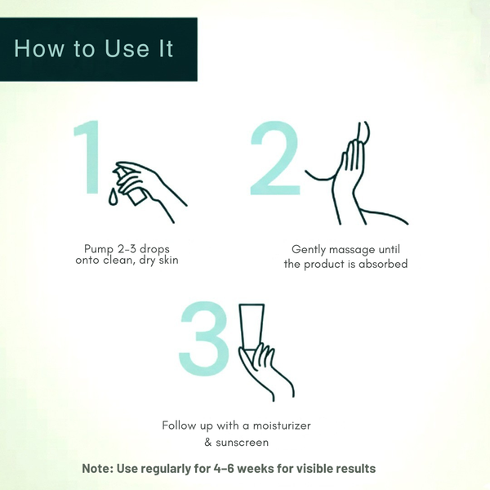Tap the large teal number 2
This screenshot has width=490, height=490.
(x=275, y=158)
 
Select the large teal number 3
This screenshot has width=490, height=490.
(x=204, y=338)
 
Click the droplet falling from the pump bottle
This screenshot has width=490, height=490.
(x=114, y=197)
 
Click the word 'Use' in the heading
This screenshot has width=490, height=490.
(x=127, y=48)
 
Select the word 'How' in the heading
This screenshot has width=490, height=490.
(x=38, y=48)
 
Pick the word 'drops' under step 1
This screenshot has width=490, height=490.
(x=154, y=249)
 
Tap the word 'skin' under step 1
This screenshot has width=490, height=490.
(x=168, y=260)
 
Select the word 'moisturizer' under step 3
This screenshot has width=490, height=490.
(x=282, y=425)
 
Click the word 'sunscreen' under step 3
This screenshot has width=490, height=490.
(x=243, y=443)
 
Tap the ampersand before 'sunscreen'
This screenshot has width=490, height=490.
(x=208, y=443)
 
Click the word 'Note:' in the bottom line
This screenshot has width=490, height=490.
(x=98, y=469)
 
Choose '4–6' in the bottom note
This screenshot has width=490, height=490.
(x=224, y=469)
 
